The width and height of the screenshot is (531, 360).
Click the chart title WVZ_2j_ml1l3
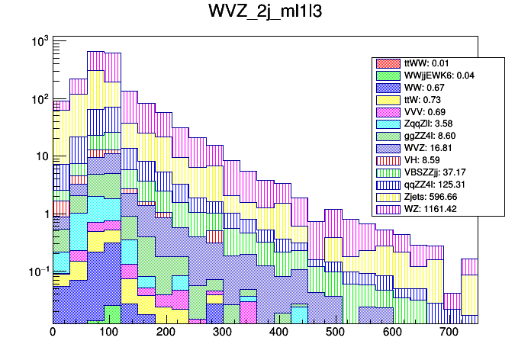(265, 13)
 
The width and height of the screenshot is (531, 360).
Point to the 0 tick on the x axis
(53, 333)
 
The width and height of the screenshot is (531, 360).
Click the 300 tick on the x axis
(223, 333)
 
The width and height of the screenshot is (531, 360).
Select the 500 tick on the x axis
(336, 333)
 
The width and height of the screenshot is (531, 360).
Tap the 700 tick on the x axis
(449, 333)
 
